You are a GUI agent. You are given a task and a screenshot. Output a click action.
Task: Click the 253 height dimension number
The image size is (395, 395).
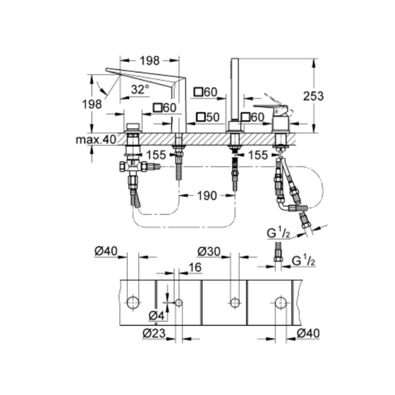(x=313, y=96)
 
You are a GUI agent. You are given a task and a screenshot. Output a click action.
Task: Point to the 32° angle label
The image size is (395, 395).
(x=140, y=89)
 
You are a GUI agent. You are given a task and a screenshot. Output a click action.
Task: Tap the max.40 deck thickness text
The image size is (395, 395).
(x=96, y=139)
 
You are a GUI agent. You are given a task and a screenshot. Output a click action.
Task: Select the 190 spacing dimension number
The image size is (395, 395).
(x=207, y=196)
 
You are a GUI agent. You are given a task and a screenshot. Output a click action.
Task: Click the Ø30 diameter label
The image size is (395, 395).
(x=209, y=251)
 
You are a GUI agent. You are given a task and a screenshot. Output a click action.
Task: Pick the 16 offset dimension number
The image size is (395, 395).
(x=195, y=267)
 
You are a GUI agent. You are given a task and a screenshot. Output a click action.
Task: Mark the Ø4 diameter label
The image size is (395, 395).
(x=156, y=315)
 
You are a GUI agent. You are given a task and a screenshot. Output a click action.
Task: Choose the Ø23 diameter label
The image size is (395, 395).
(x=154, y=333)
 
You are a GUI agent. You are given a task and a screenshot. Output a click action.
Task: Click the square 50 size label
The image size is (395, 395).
(x=208, y=117)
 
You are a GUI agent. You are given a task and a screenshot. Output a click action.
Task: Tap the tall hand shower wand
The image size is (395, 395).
(x=235, y=89)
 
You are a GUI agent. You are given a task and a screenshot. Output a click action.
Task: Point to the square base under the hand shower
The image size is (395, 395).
(x=235, y=126)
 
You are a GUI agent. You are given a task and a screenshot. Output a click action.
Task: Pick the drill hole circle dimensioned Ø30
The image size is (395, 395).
(x=235, y=303)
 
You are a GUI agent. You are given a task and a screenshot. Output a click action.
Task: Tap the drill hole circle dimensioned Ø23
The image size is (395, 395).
(x=179, y=303)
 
